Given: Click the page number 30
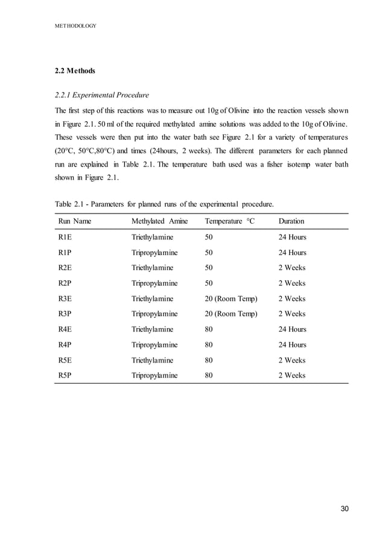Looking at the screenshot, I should click(x=345, y=509).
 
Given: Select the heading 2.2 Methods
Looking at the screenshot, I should click(x=75, y=71).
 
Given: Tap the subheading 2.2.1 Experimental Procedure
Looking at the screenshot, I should click(x=101, y=95).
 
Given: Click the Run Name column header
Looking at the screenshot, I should click(x=74, y=221).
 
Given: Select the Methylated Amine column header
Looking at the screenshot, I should click(x=159, y=221).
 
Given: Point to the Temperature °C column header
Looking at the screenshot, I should click(x=230, y=221).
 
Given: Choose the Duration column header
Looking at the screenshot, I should click(x=291, y=221).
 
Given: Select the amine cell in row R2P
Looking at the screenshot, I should click(x=154, y=283).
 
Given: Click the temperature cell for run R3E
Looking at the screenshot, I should click(x=231, y=299).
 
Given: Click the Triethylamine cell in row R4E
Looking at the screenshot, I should click(x=152, y=330).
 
